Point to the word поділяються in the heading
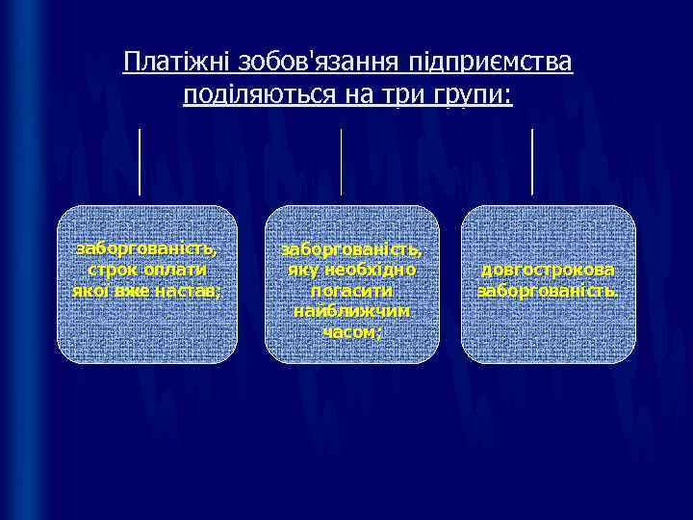[x=251, y=94]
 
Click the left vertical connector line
[x=140, y=161]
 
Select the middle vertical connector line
[x=342, y=161]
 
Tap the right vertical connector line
[x=532, y=161]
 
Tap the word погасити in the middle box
[x=351, y=291]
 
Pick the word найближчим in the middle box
[x=351, y=311]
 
